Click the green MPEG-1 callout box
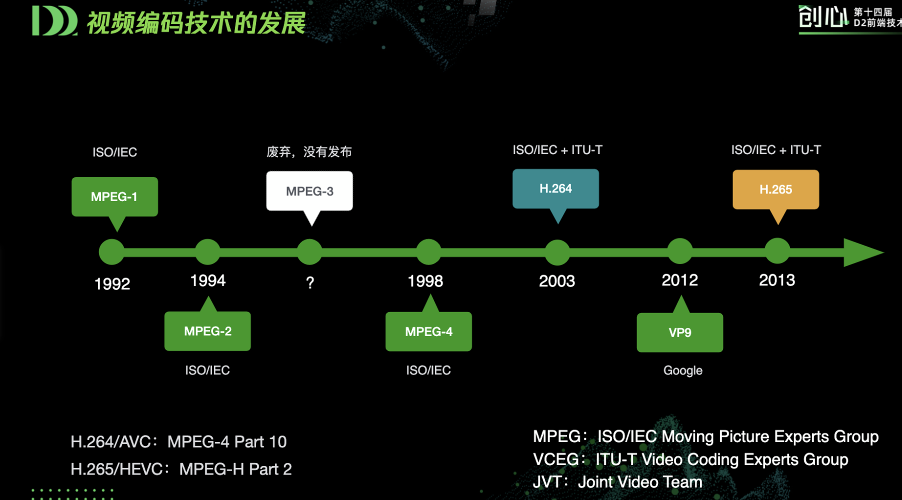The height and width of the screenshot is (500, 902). [114, 196]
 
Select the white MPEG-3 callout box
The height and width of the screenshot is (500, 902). [309, 191]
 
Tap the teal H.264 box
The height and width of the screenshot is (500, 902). [555, 188]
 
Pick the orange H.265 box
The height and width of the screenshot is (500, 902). [775, 189]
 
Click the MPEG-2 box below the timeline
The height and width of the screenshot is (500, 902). [207, 331]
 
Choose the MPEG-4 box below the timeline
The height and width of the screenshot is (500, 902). [428, 331]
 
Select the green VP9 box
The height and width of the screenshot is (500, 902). [679, 332]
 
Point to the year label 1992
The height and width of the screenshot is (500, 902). [112, 284]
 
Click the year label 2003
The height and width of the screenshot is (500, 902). [556, 281]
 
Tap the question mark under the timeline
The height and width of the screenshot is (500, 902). [310, 283]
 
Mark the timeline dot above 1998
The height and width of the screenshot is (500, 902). [428, 251]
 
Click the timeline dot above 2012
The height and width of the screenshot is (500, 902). [680, 251]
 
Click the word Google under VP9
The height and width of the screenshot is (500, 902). [682, 370]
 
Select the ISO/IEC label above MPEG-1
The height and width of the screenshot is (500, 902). [114, 152]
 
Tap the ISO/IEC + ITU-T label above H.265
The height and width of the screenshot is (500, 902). [775, 150]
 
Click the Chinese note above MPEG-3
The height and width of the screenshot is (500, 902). [309, 151]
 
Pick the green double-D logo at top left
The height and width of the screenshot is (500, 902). [54, 21]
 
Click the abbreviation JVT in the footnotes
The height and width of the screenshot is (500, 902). [546, 482]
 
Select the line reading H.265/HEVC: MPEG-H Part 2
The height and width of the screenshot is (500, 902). [181, 469]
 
